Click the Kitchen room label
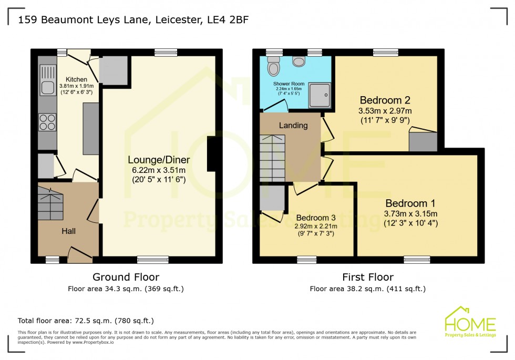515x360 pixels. (x=76, y=79)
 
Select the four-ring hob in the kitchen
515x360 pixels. (x=47, y=122)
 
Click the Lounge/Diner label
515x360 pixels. (x=159, y=159)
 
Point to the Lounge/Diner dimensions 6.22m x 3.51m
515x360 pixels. (x=159, y=170)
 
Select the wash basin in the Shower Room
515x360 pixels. (x=299, y=61)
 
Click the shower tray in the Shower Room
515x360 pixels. (x=320, y=95)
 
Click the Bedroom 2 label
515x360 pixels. (x=385, y=100)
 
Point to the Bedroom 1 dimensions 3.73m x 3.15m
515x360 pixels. (x=410, y=213)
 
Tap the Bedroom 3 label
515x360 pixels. (x=315, y=218)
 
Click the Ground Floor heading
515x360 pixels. (x=126, y=277)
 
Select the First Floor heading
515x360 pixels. (x=367, y=277)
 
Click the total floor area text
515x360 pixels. (x=86, y=320)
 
